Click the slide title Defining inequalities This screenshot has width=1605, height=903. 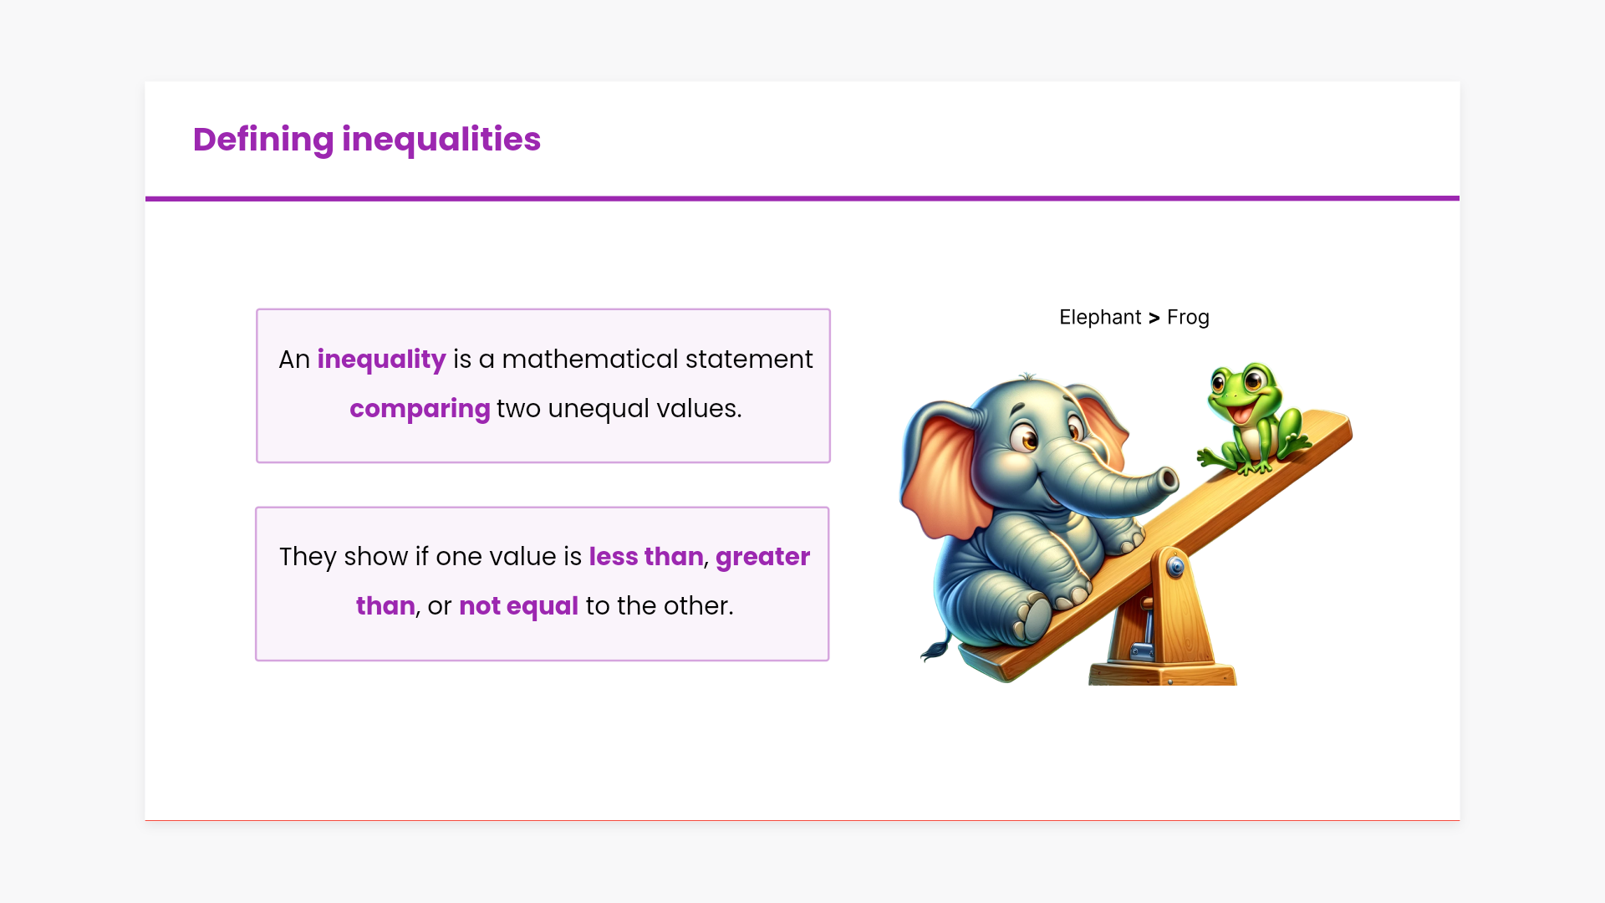[366, 140]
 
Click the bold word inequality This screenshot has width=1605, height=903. [381, 360]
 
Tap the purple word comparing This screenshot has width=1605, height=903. [420, 409]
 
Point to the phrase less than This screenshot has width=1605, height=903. [646, 556]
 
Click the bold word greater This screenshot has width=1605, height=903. [762, 557]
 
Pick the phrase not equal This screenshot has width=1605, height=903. [518, 606]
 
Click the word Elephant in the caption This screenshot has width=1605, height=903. [1100, 318]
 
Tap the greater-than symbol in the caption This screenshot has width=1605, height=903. [1154, 318]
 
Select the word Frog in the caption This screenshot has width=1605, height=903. [1188, 318]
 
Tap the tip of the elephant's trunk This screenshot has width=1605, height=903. [1168, 480]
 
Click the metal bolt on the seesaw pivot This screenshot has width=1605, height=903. [1175, 568]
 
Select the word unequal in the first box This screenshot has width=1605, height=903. [599, 409]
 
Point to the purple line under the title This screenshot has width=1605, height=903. [802, 198]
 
